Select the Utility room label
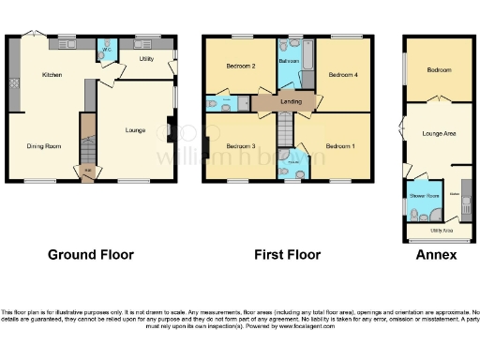[147, 59]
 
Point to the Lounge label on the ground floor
[136, 130]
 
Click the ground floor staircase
[88, 145]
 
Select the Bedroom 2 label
[241, 67]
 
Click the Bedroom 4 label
[338, 73]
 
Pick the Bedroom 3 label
[240, 146]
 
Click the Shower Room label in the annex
[423, 196]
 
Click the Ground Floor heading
[90, 255]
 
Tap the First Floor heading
[287, 255]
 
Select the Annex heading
[437, 255]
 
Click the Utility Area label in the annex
[442, 229]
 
